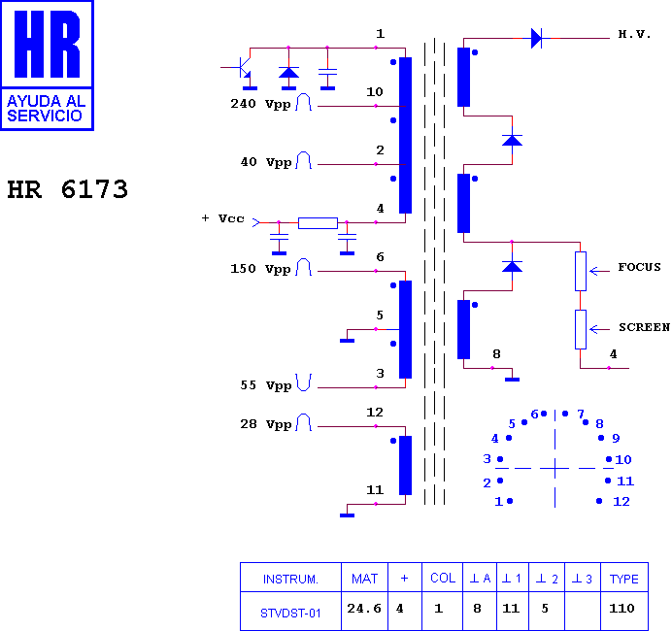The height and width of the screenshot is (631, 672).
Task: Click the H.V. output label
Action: point(634,34)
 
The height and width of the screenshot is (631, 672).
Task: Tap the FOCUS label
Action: point(639,267)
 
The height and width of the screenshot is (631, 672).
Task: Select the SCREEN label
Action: point(644,327)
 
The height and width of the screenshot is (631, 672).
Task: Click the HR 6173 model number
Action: point(68,189)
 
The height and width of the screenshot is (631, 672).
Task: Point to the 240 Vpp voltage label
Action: point(260,104)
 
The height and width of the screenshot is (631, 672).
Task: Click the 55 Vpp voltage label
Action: point(266,385)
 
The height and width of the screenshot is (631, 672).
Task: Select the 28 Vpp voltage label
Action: point(266,424)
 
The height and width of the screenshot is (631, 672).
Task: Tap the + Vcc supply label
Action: point(222,218)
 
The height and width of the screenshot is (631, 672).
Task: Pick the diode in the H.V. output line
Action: point(536,38)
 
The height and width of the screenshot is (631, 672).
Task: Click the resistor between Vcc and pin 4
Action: point(318,223)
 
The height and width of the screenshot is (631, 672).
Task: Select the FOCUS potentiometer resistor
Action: point(581,271)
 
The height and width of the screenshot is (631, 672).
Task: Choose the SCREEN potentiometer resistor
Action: point(581,329)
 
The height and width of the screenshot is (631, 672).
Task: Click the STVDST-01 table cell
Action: point(290,614)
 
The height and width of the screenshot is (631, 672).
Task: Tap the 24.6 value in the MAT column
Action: point(364,609)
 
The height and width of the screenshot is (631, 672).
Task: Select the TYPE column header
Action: point(624,580)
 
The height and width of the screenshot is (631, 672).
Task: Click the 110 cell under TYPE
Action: point(622,609)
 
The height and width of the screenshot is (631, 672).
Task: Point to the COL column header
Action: point(443,579)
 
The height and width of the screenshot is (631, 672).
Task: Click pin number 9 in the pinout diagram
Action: point(616,438)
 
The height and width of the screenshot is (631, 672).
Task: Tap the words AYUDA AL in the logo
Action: point(47,102)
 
